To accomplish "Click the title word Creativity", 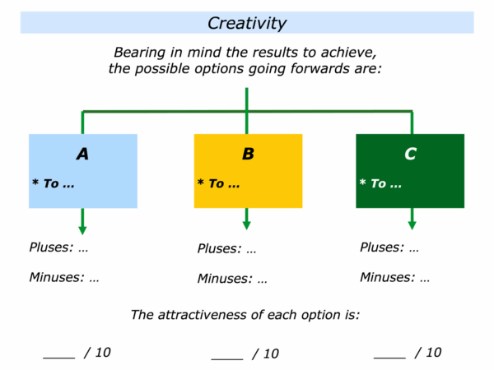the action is click(x=247, y=23).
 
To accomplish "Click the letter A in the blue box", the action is click(x=82, y=154).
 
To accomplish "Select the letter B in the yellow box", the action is click(x=249, y=154).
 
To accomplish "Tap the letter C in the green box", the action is click(x=411, y=154).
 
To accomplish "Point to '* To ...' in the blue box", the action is click(x=54, y=183).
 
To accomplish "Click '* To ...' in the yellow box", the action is click(x=218, y=183).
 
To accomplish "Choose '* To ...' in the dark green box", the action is click(x=380, y=183).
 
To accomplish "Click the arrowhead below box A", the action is click(x=82, y=230).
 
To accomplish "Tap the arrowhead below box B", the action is click(x=247, y=225).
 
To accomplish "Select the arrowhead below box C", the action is click(x=412, y=225).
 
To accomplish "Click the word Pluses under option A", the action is click(x=51, y=247).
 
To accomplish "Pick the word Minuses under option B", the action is click(x=225, y=279).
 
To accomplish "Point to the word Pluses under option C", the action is click(x=382, y=247).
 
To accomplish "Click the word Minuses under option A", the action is click(x=57, y=277).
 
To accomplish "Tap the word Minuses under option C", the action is click(x=388, y=277).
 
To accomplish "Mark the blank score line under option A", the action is click(x=59, y=358).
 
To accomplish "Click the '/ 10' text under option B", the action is click(x=265, y=354).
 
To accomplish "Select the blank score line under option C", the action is click(x=389, y=358).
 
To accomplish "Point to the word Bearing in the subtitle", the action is click(x=140, y=53).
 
